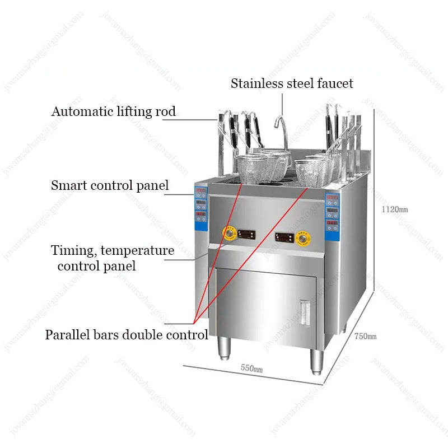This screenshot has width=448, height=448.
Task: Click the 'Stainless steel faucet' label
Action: click(292, 83)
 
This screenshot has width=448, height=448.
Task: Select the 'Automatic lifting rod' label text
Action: click(114, 111)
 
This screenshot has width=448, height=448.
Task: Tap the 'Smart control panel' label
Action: click(110, 185)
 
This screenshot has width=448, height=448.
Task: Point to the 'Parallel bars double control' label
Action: click(126, 335)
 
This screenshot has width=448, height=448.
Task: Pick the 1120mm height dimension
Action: click(395, 209)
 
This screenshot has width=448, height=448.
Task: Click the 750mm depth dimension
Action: click(365, 336)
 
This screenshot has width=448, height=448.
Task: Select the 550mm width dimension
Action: click(251, 368)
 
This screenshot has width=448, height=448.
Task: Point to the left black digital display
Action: click(246, 232)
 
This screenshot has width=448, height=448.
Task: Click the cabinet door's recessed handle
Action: click(305, 311)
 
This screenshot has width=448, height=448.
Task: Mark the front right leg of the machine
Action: click(316, 362)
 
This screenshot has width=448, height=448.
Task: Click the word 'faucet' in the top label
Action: click(334, 83)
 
